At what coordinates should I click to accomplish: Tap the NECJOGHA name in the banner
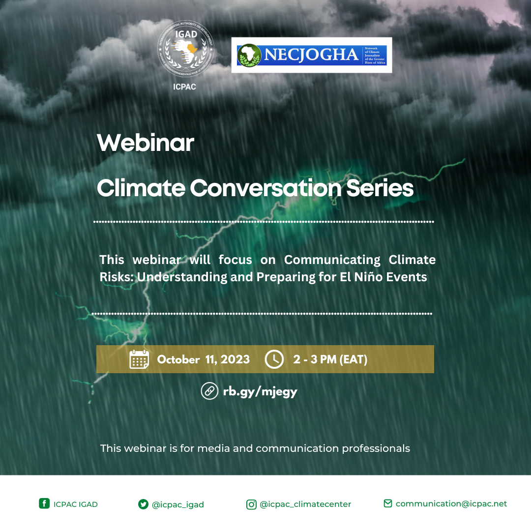311,55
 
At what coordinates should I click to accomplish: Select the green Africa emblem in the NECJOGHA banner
249,55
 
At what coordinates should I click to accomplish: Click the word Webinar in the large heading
146,143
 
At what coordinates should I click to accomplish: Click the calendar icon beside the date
139,359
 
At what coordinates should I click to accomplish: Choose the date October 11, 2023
203,359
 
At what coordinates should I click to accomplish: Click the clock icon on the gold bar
274,359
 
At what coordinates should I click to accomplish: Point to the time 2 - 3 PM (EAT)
330,359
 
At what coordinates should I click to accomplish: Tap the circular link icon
209,391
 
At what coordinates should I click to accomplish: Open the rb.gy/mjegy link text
260,392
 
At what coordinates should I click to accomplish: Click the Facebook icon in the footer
44,503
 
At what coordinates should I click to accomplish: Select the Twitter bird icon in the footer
143,504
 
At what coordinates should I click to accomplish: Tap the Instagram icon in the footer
251,504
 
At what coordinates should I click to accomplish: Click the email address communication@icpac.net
451,503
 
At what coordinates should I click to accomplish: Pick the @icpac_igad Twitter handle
177,504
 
